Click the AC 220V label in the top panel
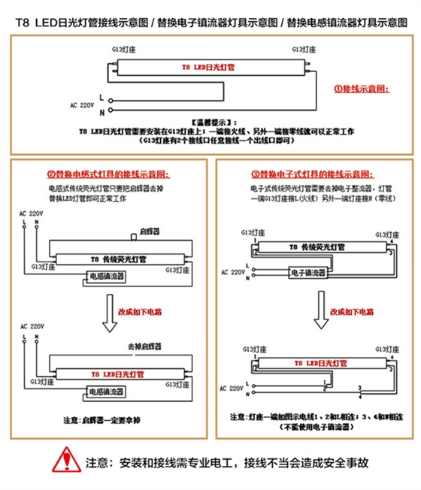tap(84, 104)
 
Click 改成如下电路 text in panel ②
tap(145, 310)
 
